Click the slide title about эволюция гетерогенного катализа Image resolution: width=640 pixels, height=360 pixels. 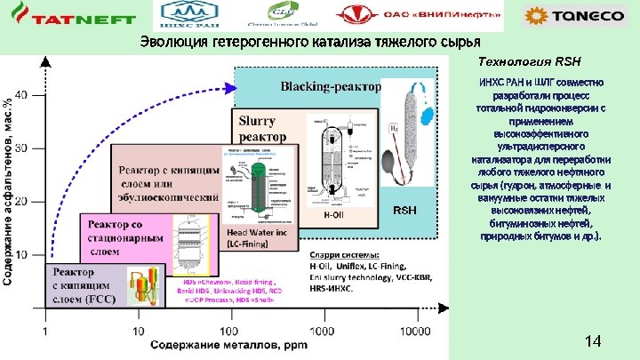310,43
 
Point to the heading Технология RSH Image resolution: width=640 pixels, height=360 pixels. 529,62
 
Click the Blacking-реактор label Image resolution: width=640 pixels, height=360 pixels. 330,86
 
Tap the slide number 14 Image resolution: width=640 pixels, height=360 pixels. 594,342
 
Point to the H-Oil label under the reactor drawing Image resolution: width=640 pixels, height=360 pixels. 333,214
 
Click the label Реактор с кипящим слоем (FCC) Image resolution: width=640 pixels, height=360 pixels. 86,285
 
